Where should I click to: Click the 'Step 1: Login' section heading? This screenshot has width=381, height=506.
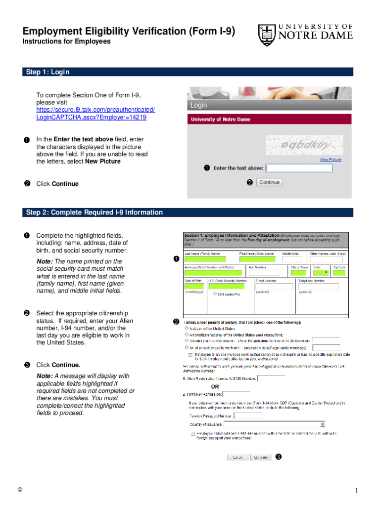[x=48, y=72]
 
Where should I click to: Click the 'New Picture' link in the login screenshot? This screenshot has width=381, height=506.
[x=331, y=160]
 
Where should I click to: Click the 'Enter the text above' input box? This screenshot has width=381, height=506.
[x=299, y=168]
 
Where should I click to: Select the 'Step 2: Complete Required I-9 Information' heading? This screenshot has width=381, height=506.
[x=94, y=212]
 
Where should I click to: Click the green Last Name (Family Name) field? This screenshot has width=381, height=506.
[x=205, y=259]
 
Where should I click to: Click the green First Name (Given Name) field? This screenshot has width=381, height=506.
[x=257, y=259]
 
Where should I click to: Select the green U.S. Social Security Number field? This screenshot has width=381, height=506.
[x=229, y=287]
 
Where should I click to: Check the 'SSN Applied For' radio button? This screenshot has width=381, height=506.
[x=214, y=294]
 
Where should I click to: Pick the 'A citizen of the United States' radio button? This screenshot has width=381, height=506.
[x=186, y=328]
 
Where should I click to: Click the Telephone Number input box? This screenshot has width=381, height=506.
[x=318, y=287]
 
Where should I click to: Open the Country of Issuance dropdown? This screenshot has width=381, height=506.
[x=275, y=424]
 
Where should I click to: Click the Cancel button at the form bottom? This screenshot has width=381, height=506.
[x=238, y=457]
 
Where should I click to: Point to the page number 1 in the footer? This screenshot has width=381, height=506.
[x=355, y=490]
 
